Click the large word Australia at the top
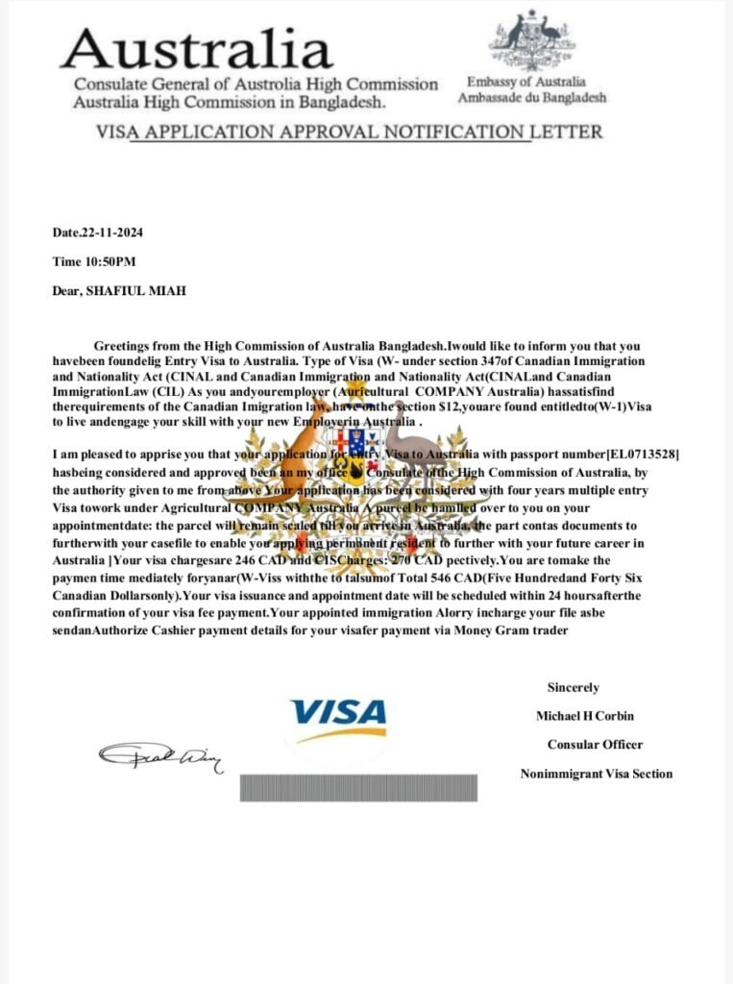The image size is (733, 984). [197, 47]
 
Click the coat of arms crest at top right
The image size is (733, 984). [531, 39]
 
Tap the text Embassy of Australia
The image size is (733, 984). [525, 83]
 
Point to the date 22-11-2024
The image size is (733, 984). [112, 233]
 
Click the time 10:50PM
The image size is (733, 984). [109, 261]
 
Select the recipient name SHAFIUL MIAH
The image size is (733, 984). [139, 289]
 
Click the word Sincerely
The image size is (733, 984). [573, 687]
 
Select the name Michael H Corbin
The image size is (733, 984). [585, 716]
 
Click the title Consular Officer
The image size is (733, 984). [595, 744]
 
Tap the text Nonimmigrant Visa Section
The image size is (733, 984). [597, 773]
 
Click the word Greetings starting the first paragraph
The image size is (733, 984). [123, 345]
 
